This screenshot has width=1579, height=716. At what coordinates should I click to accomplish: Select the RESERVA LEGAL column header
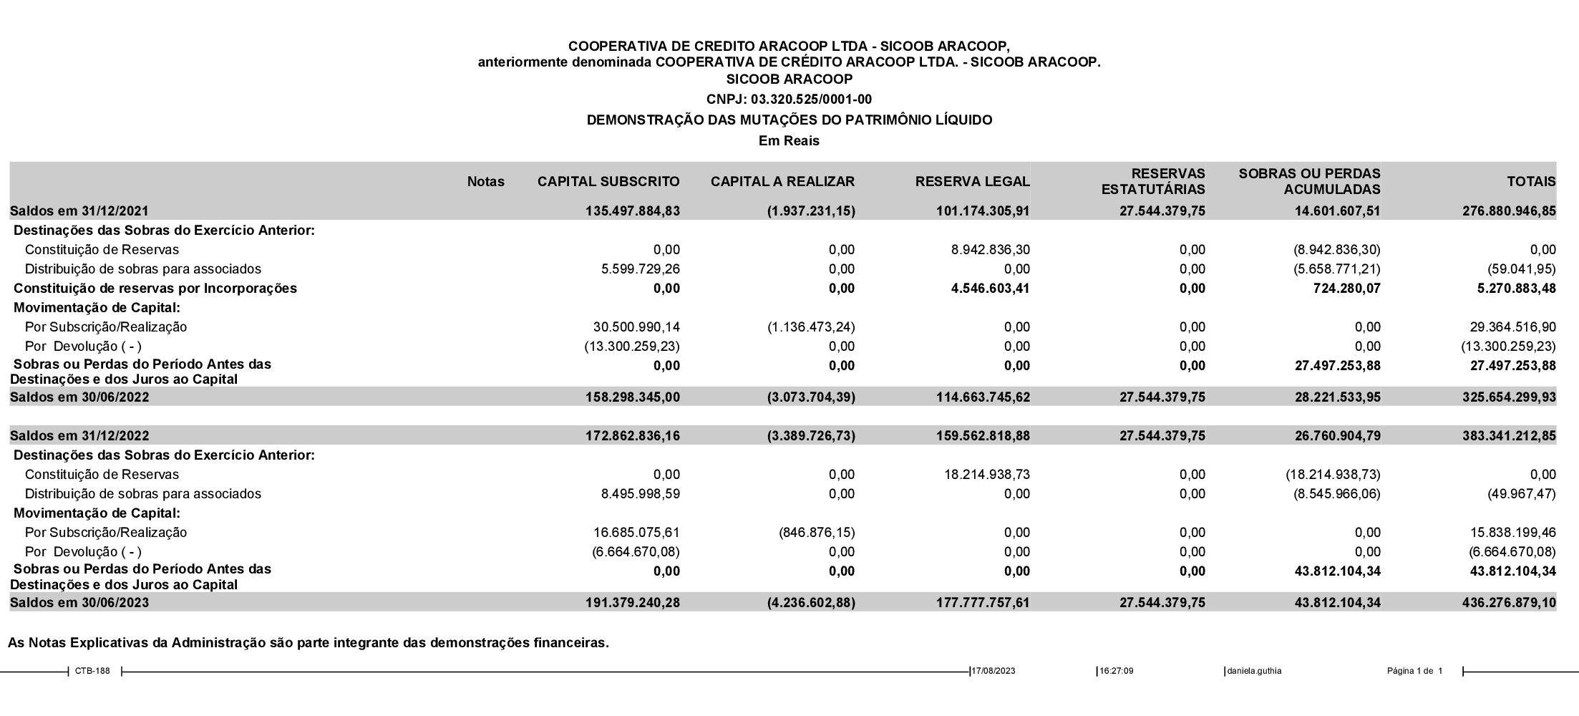coord(972,182)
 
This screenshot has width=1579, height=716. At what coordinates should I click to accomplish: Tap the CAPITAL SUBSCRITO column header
coord(608,182)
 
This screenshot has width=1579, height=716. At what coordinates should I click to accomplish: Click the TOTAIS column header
coord(1531,182)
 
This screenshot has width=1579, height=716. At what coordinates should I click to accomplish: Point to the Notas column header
coord(485,182)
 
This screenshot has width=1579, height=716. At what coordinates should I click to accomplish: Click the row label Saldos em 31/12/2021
coord(79,211)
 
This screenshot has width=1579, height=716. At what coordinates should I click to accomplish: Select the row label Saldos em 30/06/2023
coord(79,603)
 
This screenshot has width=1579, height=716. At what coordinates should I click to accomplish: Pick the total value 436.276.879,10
coord(1509,603)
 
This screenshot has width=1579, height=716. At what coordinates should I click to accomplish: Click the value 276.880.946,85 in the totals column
coord(1509,211)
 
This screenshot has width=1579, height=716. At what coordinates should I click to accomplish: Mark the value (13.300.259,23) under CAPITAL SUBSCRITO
coord(632,347)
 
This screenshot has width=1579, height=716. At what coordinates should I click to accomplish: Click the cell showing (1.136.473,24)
coord(811,327)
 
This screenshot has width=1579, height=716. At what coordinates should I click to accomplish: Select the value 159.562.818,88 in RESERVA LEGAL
coord(983,436)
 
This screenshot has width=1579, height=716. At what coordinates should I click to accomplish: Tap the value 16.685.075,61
coord(636,533)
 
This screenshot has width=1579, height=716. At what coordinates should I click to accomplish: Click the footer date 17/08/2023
coord(993,672)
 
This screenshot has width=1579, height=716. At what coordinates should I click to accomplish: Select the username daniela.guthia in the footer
coord(1254,672)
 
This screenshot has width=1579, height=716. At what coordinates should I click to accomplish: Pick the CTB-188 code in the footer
coord(92,672)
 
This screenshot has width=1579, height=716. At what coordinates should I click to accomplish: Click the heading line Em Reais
coord(789,141)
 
